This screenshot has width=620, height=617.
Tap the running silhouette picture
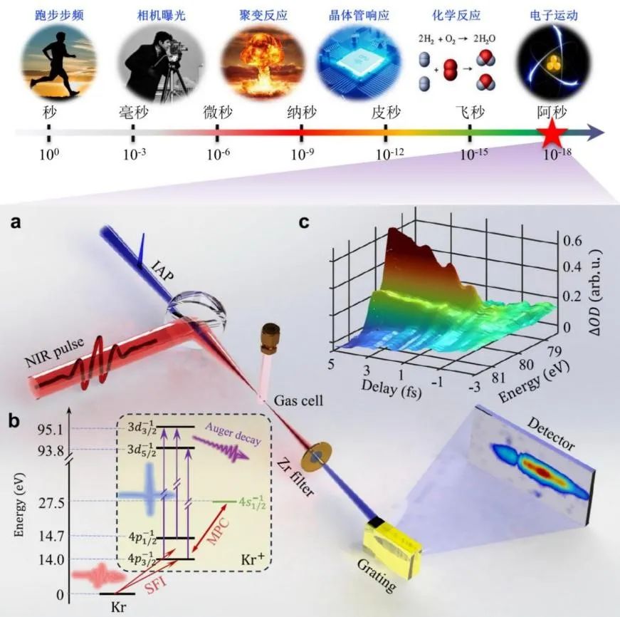pyautogui.click(x=47, y=61)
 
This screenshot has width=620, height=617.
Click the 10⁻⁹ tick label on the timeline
pyautogui.click(x=302, y=154)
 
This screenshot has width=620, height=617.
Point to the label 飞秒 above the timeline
pyautogui.click(x=470, y=113)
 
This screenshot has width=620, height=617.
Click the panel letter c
pyautogui.click(x=304, y=222)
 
